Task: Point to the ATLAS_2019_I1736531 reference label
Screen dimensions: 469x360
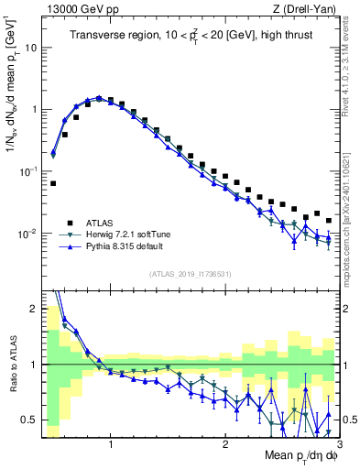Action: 190,274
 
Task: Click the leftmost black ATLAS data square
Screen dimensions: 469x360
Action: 53,183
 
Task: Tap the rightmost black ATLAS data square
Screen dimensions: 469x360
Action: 329,220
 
